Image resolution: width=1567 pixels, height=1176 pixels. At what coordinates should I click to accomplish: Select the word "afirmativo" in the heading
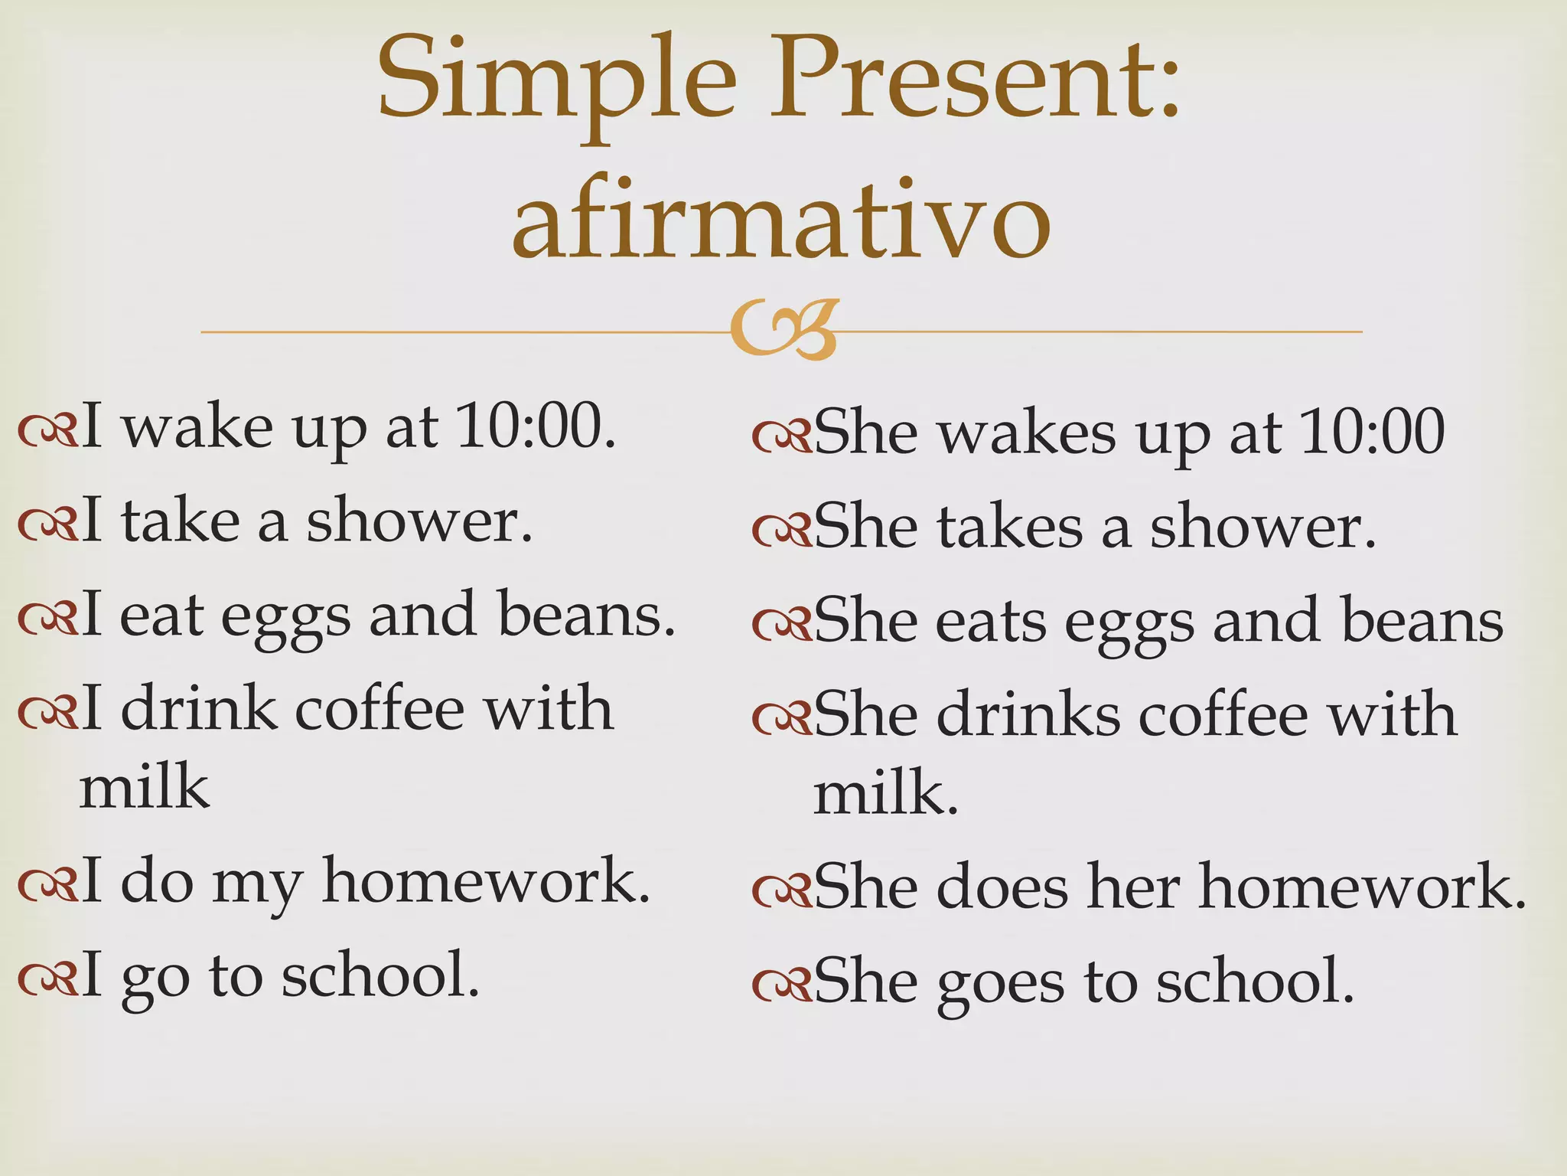pyautogui.click(x=781, y=219)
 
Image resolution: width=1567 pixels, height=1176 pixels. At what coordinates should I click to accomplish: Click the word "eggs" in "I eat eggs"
pyautogui.click(x=285, y=617)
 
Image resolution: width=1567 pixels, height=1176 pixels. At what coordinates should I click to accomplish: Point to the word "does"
pyautogui.click(x=1002, y=887)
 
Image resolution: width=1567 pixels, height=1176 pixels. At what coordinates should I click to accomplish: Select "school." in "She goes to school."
pyautogui.click(x=1255, y=981)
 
